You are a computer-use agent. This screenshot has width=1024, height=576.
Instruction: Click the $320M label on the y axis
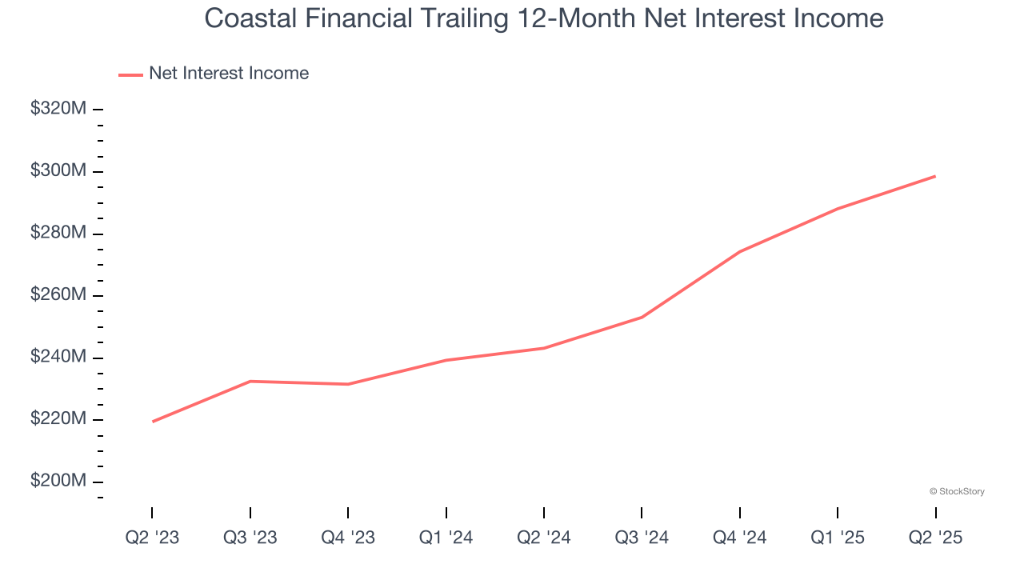pyautogui.click(x=58, y=108)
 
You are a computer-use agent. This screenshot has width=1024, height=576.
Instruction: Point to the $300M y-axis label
pyautogui.click(x=58, y=170)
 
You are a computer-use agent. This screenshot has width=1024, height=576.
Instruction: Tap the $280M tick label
pyautogui.click(x=58, y=232)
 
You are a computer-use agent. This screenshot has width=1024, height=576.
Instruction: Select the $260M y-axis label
pyautogui.click(x=58, y=294)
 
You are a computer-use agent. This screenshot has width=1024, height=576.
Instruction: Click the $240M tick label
pyautogui.click(x=58, y=356)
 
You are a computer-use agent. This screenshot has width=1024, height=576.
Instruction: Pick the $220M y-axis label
pyautogui.click(x=58, y=418)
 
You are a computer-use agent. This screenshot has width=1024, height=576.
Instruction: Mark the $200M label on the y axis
pyautogui.click(x=58, y=481)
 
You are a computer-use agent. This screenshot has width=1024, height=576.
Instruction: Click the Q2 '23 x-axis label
pyautogui.click(x=152, y=538)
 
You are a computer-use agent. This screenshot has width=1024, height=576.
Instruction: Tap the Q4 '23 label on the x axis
pyautogui.click(x=348, y=538)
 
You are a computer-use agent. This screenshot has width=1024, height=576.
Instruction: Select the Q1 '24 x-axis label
pyautogui.click(x=446, y=538)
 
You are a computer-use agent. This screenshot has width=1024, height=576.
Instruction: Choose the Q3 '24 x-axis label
pyautogui.click(x=642, y=538)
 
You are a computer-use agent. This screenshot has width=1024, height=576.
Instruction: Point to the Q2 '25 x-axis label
pyautogui.click(x=935, y=538)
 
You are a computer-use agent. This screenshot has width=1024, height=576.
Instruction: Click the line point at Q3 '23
pyautogui.click(x=250, y=382)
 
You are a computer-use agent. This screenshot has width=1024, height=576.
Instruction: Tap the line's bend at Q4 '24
pyautogui.click(x=740, y=251)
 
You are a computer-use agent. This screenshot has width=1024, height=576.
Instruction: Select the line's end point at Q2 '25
pyautogui.click(x=935, y=176)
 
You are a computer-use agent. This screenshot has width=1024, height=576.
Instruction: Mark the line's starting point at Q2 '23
pyautogui.click(x=152, y=422)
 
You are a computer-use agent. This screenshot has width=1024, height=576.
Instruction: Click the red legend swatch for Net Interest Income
pyautogui.click(x=130, y=74)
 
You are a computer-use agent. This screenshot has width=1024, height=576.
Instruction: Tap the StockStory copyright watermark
pyautogui.click(x=957, y=491)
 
